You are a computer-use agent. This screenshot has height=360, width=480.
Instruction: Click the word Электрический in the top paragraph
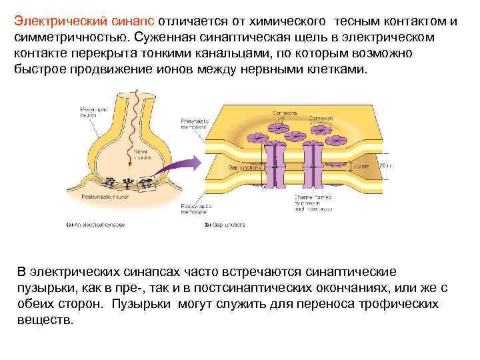coord(53,21)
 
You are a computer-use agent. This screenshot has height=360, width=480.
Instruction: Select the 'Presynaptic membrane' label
coord(193,123)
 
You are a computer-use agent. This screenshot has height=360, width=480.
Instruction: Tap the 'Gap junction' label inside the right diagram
coord(241,167)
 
